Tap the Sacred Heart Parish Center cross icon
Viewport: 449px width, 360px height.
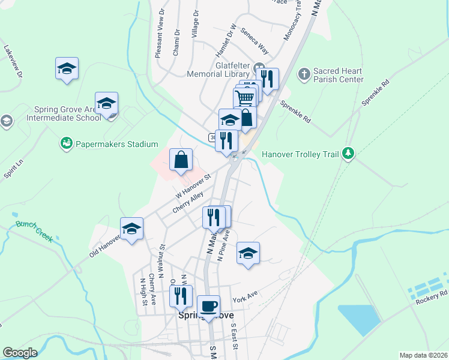point(304,74)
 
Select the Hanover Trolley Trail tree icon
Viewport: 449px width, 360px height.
point(347,154)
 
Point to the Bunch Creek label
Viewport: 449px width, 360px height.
point(35,232)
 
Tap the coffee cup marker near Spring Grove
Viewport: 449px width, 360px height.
point(208,307)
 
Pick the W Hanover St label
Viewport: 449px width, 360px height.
point(194,187)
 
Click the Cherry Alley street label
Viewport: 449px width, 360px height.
point(188,202)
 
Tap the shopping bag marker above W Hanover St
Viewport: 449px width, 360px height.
point(181,160)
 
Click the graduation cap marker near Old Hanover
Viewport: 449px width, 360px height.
point(131,229)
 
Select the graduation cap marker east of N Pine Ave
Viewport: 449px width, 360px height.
point(247,254)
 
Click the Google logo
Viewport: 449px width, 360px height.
point(20,353)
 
